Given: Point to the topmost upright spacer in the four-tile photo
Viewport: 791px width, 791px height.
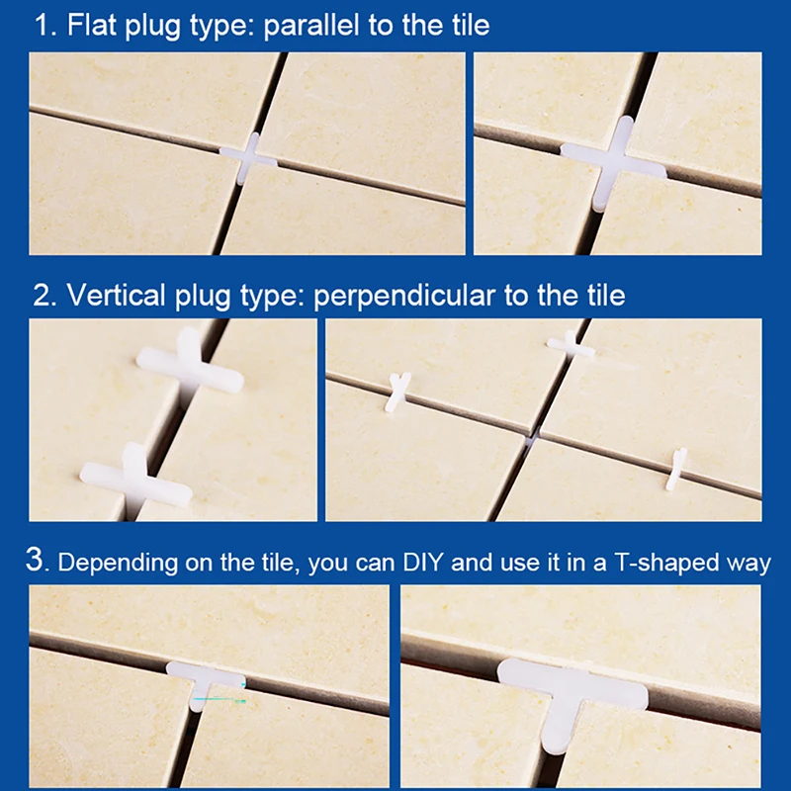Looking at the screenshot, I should tap(571, 345).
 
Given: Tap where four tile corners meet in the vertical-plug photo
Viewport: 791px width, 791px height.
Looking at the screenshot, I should tap(532, 435).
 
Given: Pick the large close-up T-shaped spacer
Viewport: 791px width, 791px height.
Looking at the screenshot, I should tap(571, 692).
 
